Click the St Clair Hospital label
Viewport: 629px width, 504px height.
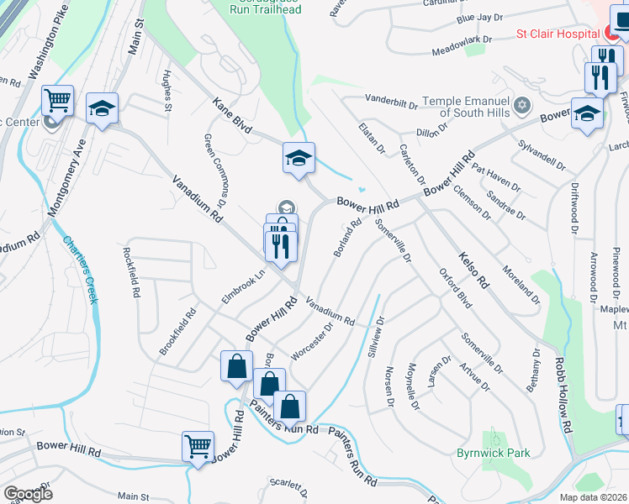557,34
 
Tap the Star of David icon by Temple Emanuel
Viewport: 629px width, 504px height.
523,105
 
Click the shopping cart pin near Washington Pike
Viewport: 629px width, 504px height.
57,102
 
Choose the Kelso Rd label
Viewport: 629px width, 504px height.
473,269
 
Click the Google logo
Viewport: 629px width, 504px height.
28,493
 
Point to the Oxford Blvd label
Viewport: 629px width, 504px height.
455,286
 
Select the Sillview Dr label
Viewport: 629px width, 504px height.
375,336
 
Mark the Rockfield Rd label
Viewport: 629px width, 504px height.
132,272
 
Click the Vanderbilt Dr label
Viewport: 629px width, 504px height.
392,102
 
